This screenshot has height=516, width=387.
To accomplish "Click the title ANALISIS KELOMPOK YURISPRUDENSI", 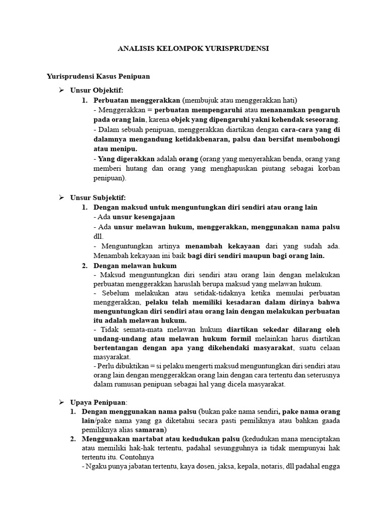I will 193,49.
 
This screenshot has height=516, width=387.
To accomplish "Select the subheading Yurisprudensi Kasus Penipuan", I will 98,77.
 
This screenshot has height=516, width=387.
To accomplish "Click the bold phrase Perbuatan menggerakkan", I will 137,99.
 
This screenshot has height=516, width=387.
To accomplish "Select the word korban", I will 329,169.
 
